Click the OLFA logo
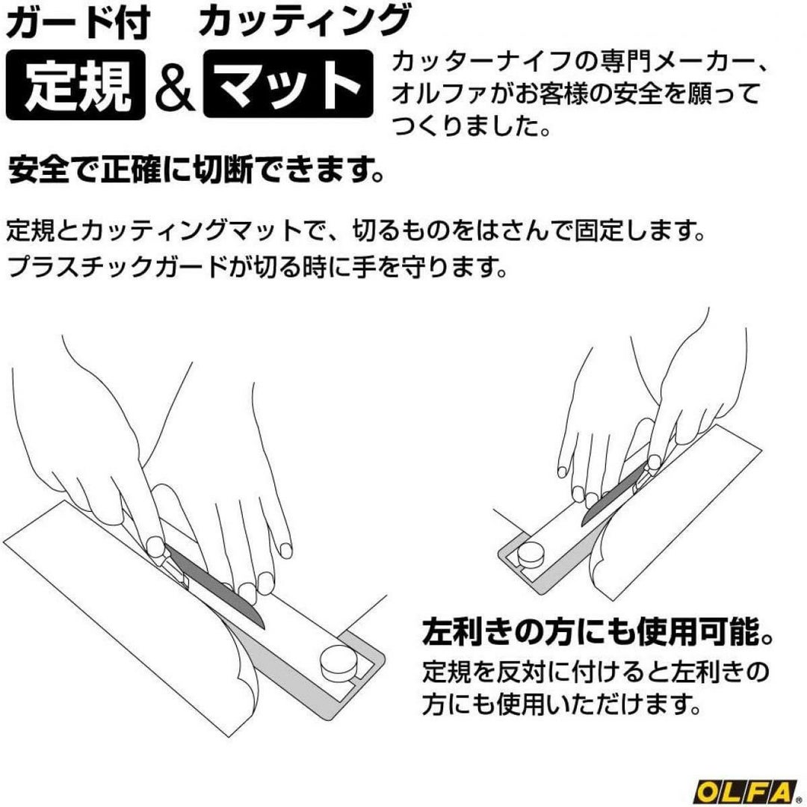pyautogui.click(x=749, y=791)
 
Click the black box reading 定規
pyautogui.click(x=75, y=85)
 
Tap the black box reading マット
pyautogui.click(x=288, y=84)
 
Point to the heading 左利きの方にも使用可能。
pyautogui.click(x=598, y=632)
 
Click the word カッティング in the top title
pyautogui.click(x=303, y=23)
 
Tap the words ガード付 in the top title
pyautogui.click(x=78, y=23)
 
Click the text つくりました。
pyautogui.click(x=471, y=126)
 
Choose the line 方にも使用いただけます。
pyautogui.click(x=563, y=704)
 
